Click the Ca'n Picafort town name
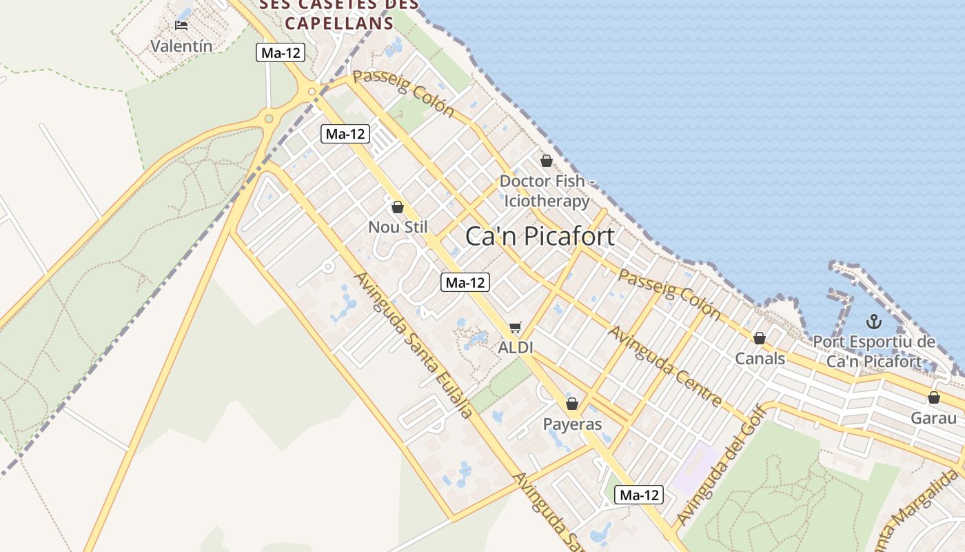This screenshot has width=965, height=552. click(540, 236)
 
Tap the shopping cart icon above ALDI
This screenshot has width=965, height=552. click(516, 327)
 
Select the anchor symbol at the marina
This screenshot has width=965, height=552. click(873, 322)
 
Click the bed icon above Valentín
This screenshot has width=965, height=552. click(181, 26)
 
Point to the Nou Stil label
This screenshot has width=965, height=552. click(398, 227)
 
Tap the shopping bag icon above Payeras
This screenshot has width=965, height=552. click(572, 404)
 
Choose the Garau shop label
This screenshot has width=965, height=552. click(933, 418)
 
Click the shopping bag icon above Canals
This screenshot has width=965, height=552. click(760, 338)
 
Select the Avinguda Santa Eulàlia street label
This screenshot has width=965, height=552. click(413, 344)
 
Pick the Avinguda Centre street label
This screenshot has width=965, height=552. click(664, 366)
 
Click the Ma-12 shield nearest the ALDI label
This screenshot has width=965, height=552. click(465, 282)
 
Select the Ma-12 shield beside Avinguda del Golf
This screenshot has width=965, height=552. click(639, 494)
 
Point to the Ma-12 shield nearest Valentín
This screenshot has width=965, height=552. click(281, 52)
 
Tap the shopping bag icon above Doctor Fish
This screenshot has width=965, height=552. click(547, 161)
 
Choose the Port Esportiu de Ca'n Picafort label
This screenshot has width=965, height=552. click(874, 351)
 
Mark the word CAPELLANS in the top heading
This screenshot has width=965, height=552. click(339, 23)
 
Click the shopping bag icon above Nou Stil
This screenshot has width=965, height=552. click(398, 207)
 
